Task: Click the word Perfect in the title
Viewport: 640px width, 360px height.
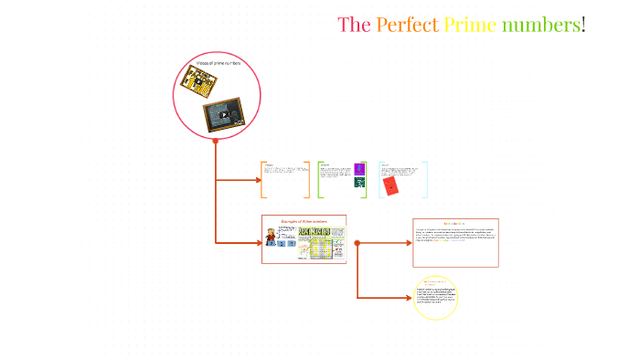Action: pyautogui.click(x=407, y=25)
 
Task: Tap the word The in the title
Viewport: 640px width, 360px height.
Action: pyautogui.click(x=354, y=25)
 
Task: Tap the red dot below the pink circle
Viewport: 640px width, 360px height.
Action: pyautogui.click(x=216, y=141)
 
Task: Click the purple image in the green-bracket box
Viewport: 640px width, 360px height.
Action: pyautogui.click(x=359, y=168)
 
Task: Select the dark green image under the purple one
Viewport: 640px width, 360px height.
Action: pyautogui.click(x=359, y=182)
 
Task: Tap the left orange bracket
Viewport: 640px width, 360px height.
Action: pyautogui.click(x=263, y=180)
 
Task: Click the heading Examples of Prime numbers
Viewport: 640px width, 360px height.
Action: pyautogui.click(x=304, y=221)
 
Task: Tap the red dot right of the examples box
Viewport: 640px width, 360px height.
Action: pyautogui.click(x=357, y=243)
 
